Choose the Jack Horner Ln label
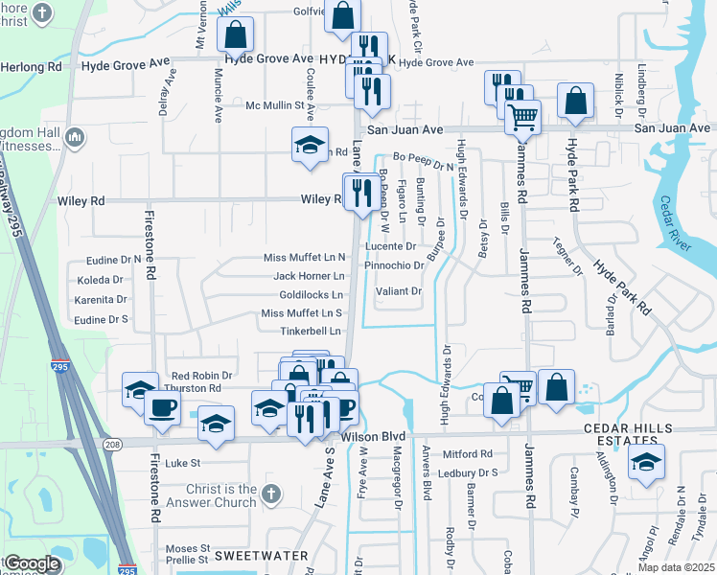[x=308, y=276]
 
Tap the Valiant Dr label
[x=398, y=291]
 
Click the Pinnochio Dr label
[x=394, y=264]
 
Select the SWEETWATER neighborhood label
[x=260, y=556]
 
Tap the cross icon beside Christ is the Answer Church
[x=271, y=494]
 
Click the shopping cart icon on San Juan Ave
[x=522, y=117]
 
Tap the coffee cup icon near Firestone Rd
[x=161, y=406]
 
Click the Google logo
[x=32, y=563]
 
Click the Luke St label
[x=180, y=462]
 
